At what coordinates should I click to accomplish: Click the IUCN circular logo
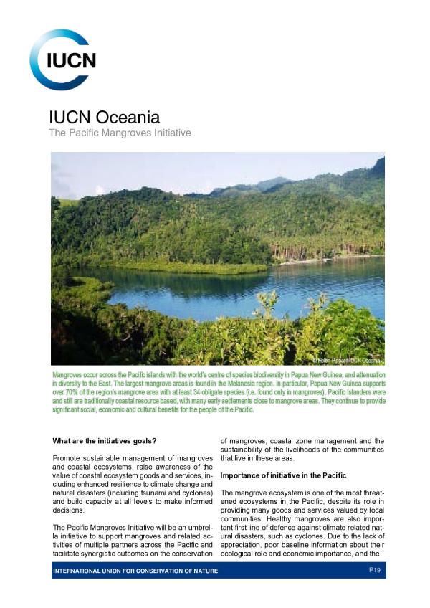click(x=62, y=60)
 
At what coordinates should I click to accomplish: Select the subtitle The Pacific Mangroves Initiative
click(x=119, y=133)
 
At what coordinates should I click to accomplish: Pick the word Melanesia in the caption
click(x=213, y=384)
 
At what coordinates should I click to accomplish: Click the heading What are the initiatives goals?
click(x=105, y=440)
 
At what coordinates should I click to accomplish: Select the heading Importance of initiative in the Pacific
click(x=283, y=475)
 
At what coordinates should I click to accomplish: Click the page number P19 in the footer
click(x=373, y=570)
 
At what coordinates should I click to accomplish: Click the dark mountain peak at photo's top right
click(x=377, y=166)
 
